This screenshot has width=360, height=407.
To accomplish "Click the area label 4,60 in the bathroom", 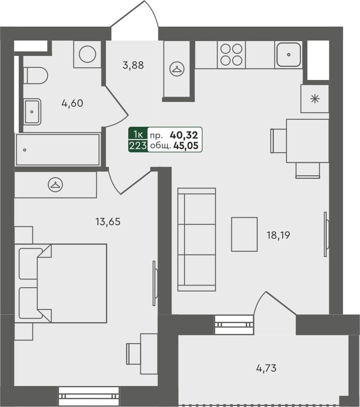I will [x=72, y=104].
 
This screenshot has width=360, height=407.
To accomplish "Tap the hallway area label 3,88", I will [x=133, y=66].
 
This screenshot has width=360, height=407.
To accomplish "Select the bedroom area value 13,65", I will [x=108, y=222].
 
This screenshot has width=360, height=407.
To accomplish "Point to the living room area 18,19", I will [x=278, y=235].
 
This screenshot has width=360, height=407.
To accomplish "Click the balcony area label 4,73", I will [x=266, y=368].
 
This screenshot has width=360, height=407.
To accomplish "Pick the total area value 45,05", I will [x=186, y=146].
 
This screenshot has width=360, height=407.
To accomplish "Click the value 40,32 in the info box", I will [x=186, y=135].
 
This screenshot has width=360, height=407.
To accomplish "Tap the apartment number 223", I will [x=138, y=146].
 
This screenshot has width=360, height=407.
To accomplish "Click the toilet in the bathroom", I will [x=36, y=76].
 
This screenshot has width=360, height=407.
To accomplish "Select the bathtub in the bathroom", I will [x=58, y=150].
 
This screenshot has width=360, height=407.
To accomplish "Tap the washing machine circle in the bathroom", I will [x=87, y=54].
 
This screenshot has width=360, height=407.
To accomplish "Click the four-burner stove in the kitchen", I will [x=231, y=55].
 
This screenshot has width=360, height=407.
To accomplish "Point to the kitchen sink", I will [x=289, y=55].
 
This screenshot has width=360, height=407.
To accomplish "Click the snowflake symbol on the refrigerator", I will [x=315, y=98].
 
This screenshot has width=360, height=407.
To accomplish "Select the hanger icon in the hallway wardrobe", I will [x=177, y=69].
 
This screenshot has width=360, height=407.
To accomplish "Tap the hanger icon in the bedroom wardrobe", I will [x=56, y=185].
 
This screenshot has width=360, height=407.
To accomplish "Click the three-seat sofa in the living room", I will [x=197, y=240].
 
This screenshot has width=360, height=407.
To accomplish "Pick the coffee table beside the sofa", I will [x=244, y=234].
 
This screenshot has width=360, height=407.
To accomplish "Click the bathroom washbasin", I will [x=32, y=111].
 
